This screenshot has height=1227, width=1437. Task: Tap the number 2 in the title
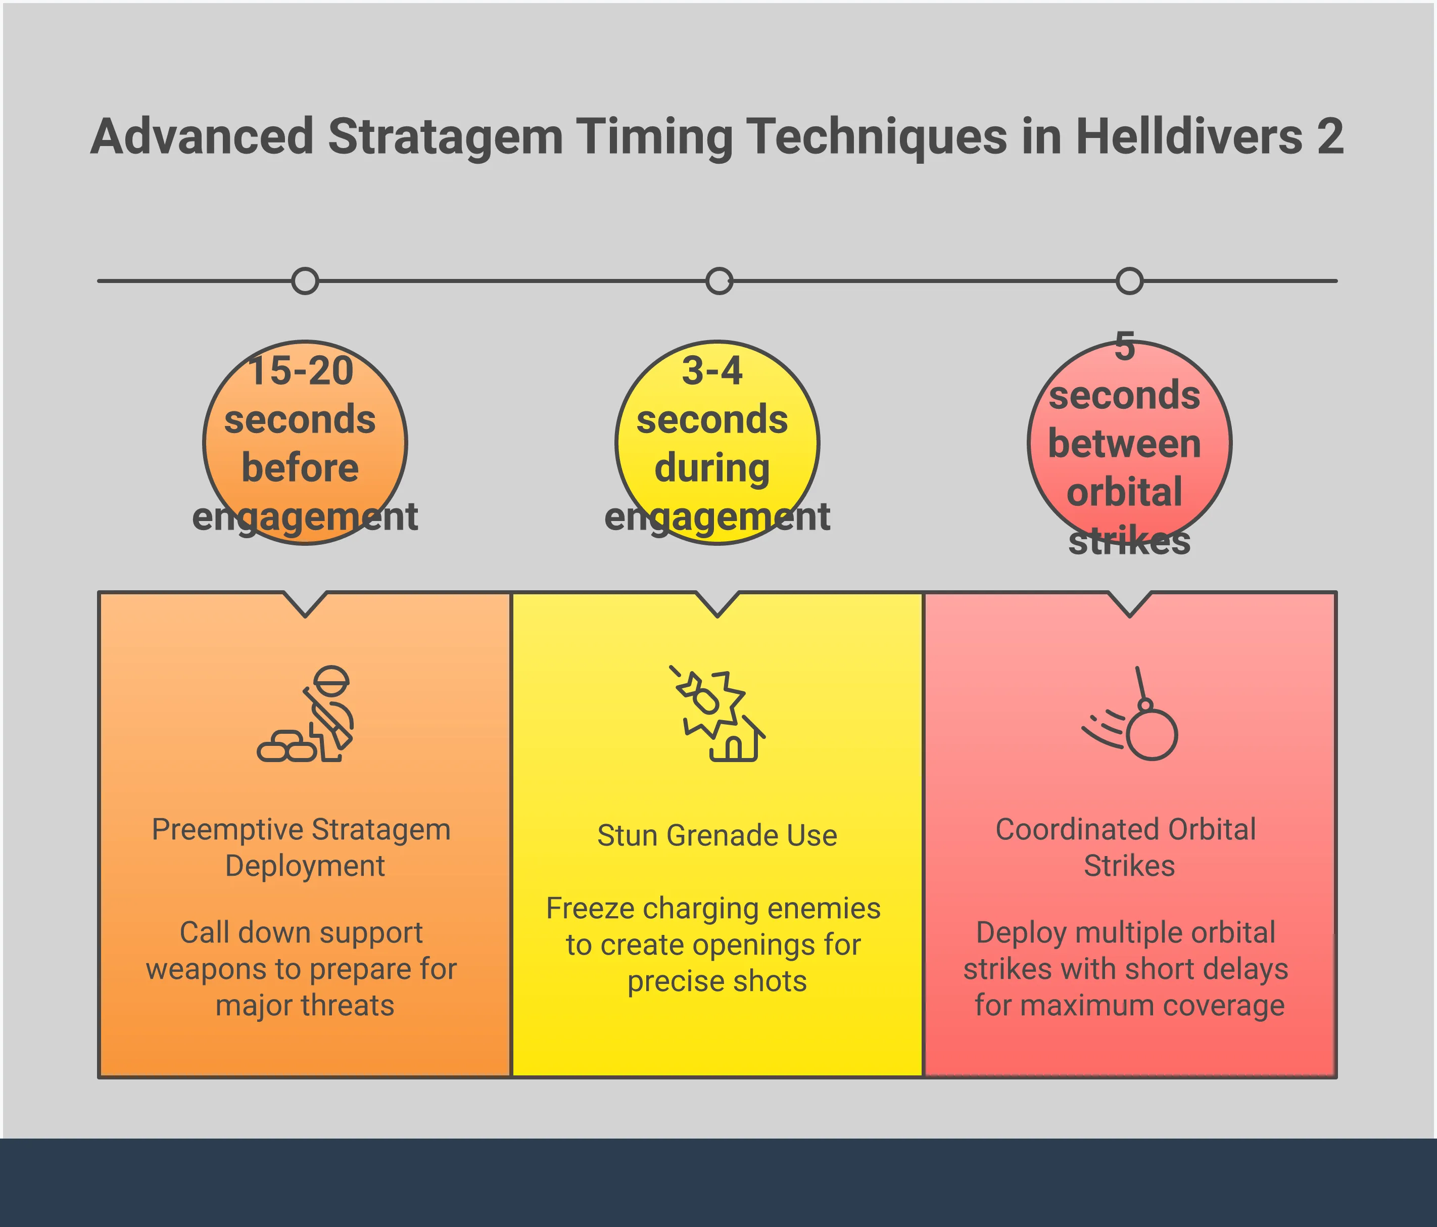1329,136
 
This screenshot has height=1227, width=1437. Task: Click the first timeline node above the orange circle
305,281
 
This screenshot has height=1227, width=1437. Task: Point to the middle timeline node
718,281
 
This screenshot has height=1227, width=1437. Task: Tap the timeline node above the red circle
1129,281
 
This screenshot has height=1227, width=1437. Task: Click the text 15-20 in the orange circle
300,371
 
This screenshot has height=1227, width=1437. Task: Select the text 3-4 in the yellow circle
712,371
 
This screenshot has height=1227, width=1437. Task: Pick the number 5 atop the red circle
1124,346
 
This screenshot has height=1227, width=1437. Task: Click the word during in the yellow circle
712,468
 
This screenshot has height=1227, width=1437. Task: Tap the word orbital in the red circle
1124,492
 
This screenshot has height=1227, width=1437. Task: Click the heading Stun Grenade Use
717,835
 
